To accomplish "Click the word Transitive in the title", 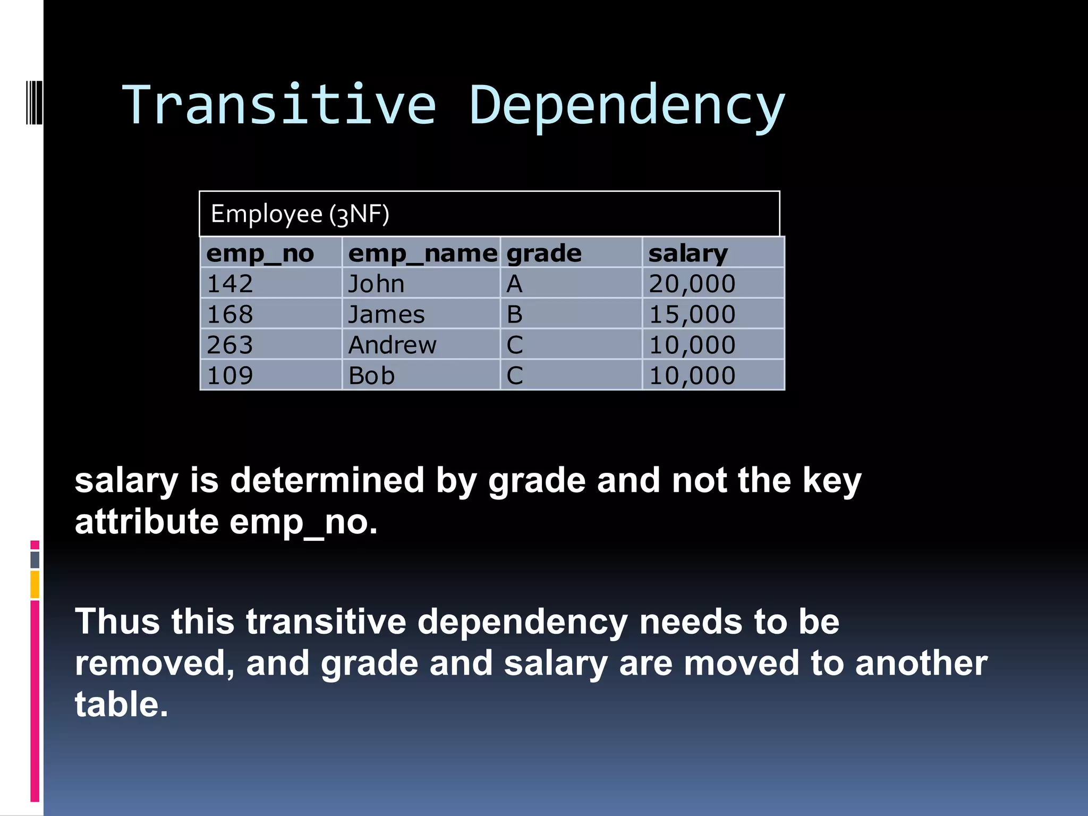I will (279, 105).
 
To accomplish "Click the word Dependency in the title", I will (627, 105).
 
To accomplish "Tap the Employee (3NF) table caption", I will (300, 214).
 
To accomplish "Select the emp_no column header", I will (260, 253).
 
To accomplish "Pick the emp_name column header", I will (422, 253).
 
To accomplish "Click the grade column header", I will (544, 253).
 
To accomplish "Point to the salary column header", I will (688, 253).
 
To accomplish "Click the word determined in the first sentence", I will (327, 480).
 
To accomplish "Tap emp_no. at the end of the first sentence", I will (303, 522).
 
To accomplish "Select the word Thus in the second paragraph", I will (117, 621).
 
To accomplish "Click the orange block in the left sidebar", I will (35, 584).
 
